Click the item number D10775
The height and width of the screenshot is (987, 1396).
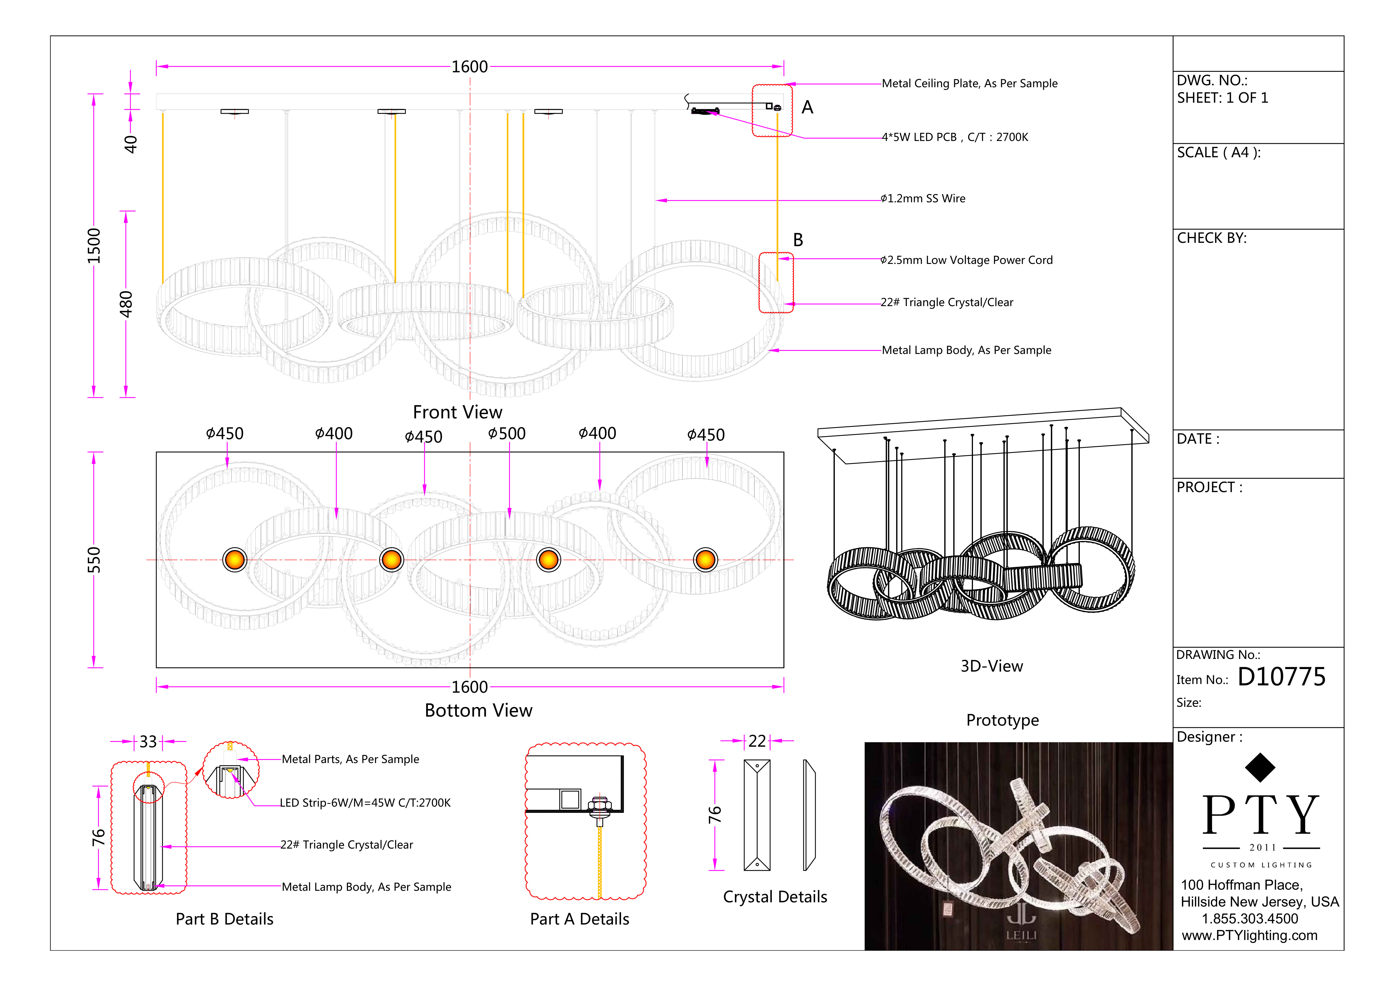[1281, 677]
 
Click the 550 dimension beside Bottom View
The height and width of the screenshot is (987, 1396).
[94, 560]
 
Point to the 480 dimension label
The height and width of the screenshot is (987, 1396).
[126, 304]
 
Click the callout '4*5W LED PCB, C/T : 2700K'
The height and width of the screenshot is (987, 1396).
[955, 137]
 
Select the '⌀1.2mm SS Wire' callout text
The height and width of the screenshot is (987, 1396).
[923, 199]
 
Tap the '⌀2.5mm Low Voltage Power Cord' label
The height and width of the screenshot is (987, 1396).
[966, 260]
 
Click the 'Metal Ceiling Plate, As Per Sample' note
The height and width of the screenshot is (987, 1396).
[969, 83]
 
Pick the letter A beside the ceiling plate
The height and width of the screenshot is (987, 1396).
[807, 108]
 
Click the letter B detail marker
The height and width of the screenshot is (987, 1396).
[798, 240]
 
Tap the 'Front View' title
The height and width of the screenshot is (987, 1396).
[457, 412]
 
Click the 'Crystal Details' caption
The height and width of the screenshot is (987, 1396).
[775, 897]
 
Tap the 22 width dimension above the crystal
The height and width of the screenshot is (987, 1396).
[757, 741]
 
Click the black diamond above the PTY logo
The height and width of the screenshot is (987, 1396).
[1260, 768]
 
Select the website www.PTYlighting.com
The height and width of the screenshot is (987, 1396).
[1249, 936]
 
